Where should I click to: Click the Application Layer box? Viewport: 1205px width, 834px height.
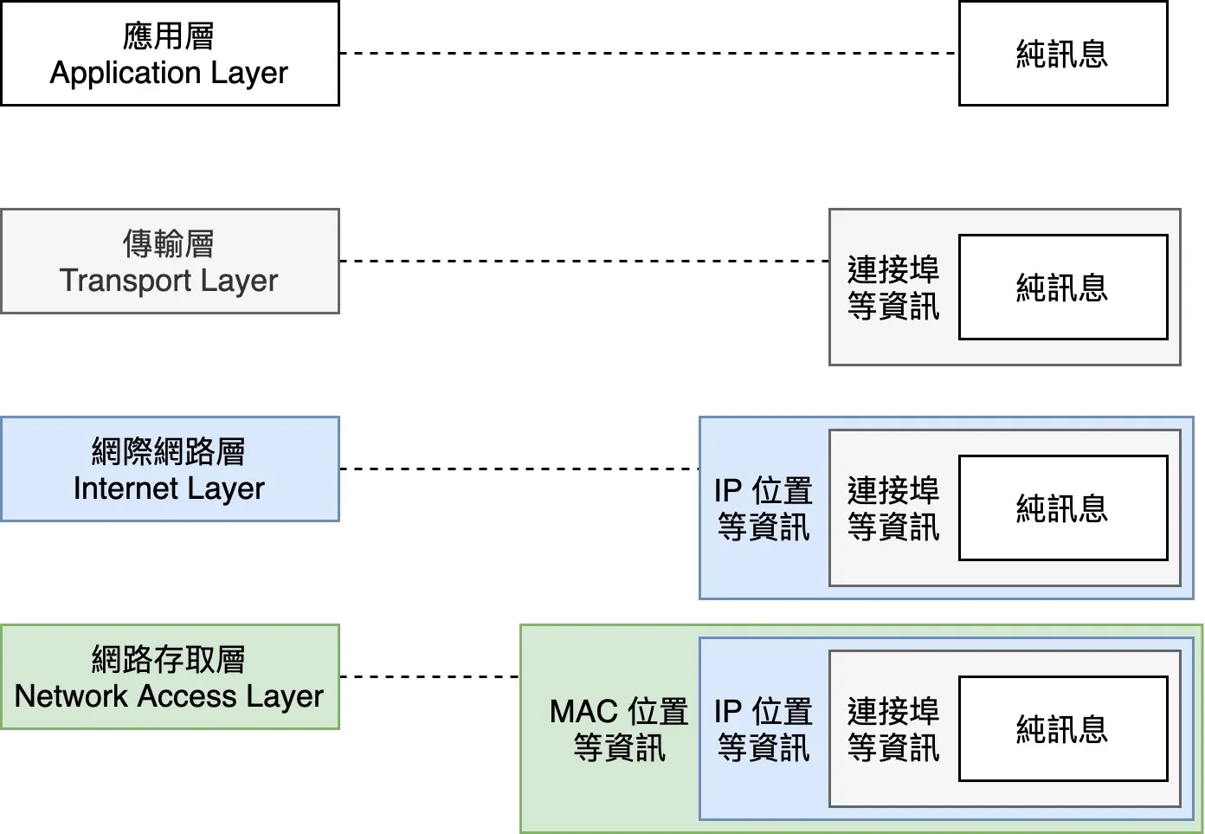coord(170,54)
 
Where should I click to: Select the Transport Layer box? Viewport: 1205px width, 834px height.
coord(170,262)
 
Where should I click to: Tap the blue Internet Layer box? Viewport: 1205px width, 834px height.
coord(170,469)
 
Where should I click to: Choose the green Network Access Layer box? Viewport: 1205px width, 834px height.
coord(170,677)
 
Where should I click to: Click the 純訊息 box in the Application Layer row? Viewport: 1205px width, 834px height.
coord(1063,54)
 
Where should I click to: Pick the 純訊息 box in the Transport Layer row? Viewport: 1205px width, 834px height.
coord(1063,288)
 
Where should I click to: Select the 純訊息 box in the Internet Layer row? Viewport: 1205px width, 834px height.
coord(1063,508)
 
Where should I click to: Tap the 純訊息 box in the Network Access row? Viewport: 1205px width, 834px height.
coord(1063,729)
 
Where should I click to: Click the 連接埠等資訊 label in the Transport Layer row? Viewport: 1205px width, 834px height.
coord(893,288)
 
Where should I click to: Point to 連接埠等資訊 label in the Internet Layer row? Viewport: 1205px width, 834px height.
coord(893,508)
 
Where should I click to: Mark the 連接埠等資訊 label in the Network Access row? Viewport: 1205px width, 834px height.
coord(893,729)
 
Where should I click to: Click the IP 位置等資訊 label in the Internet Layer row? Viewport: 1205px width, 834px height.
coord(764,508)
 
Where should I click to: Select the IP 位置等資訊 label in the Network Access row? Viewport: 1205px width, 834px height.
coord(764,729)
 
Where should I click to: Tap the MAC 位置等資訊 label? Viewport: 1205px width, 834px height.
coord(619,729)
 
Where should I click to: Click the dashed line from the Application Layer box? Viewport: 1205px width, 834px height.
coord(649,54)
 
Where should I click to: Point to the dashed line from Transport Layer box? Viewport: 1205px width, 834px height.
coord(584,261)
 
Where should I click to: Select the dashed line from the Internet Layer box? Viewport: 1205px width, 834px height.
coord(519,469)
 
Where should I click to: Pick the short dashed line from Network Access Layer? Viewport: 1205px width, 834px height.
coord(430,676)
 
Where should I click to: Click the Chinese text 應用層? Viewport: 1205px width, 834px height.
coord(169,36)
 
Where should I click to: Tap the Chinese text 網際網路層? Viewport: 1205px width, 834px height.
coord(169,451)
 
